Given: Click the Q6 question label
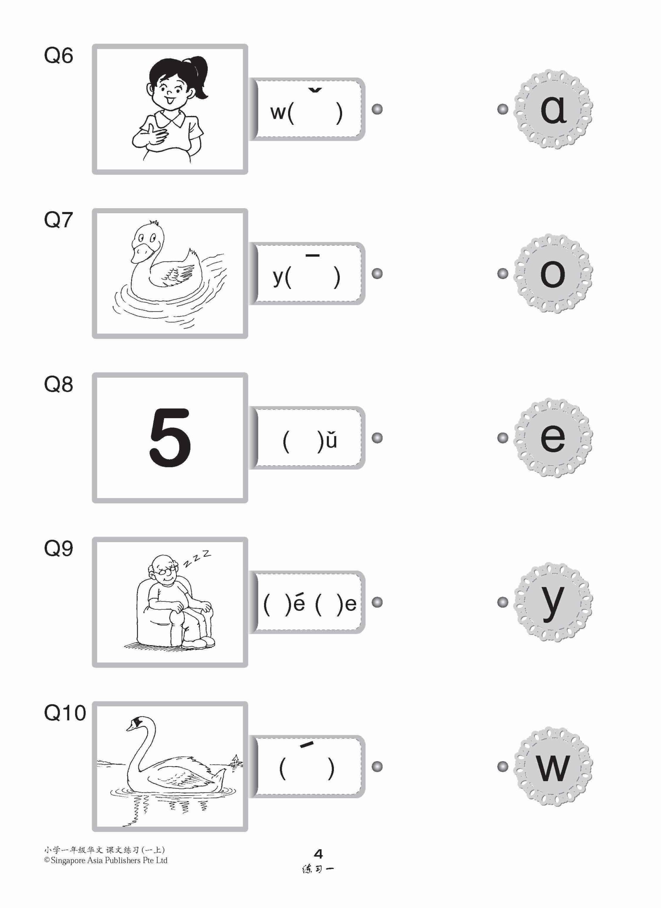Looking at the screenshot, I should [58, 55].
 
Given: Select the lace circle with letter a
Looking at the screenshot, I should [553, 109].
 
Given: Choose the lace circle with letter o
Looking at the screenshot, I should [553, 273].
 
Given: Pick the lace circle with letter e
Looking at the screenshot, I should [553, 438].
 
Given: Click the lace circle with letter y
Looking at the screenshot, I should [553, 602].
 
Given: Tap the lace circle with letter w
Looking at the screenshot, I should [553, 766].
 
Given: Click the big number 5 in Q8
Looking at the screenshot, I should [170, 437].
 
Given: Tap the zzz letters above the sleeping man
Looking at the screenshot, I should [197, 559].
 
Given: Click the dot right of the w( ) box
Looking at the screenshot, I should [377, 109].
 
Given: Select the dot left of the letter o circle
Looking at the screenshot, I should [503, 273].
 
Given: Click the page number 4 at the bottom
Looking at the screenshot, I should [318, 854].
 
